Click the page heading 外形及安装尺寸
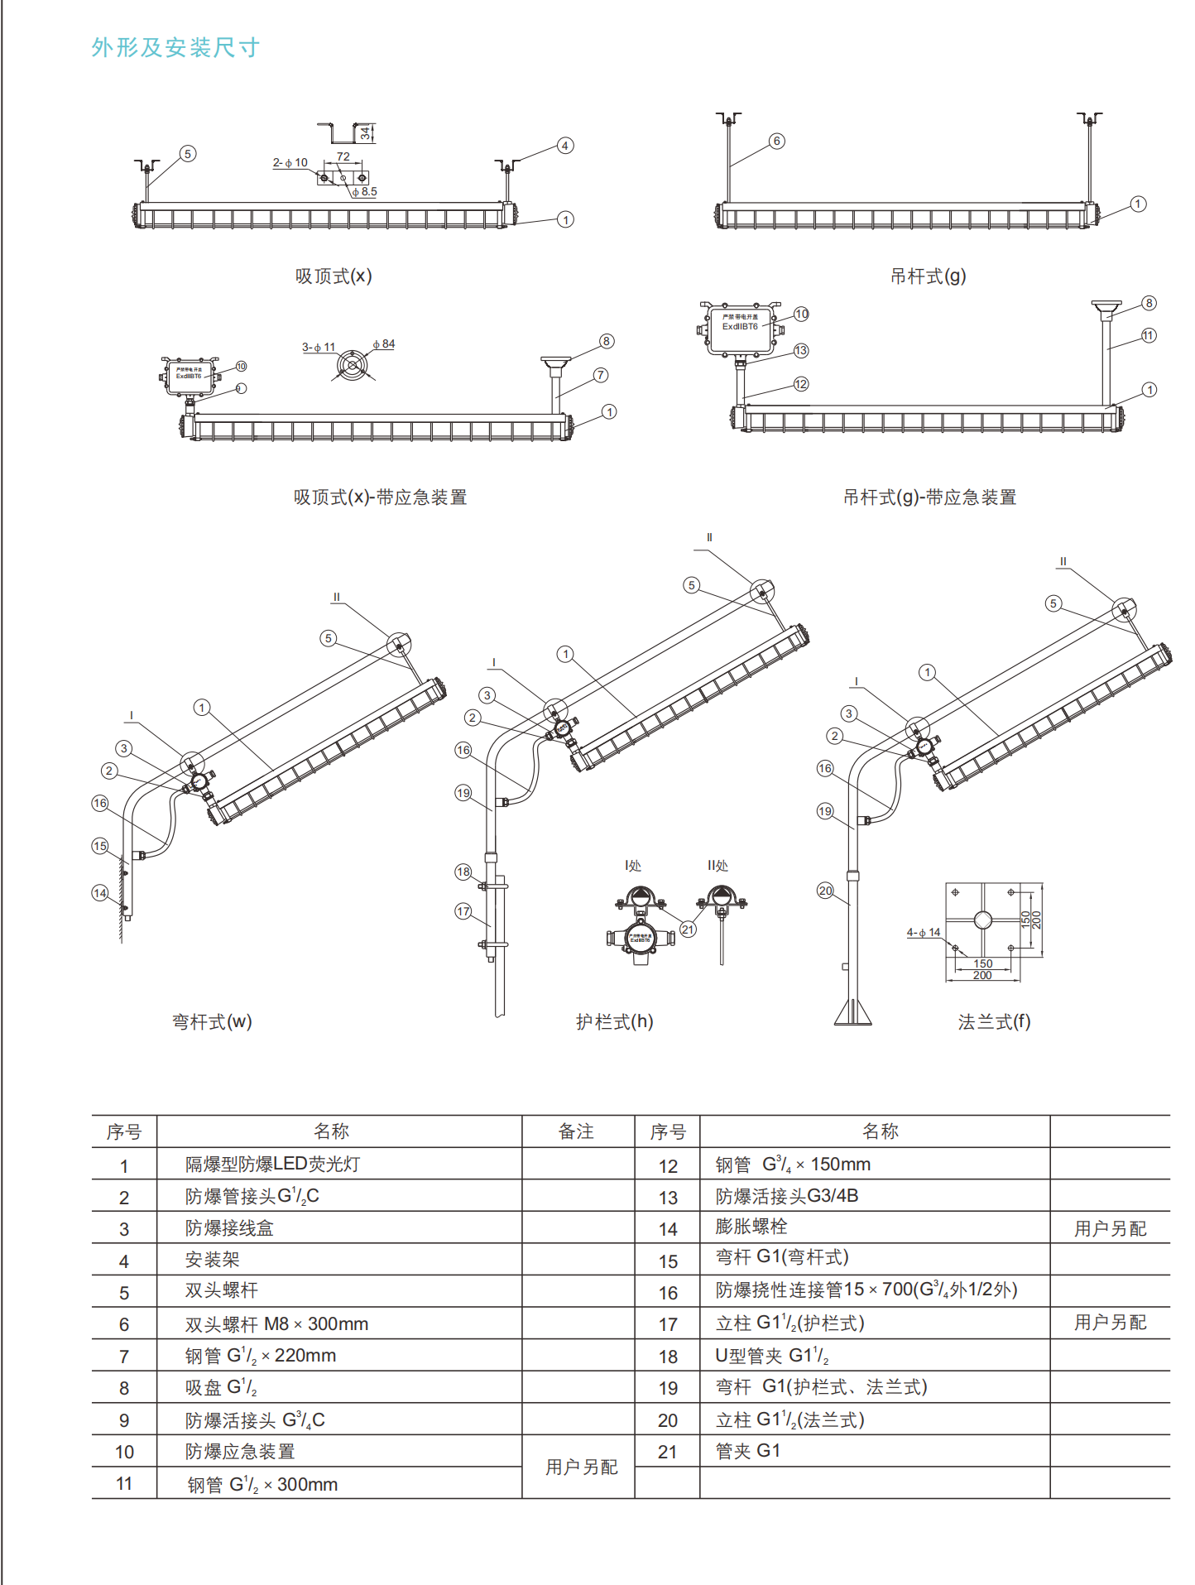175,48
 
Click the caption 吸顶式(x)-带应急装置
380,497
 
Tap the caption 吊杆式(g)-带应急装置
929,497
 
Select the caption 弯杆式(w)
212,1022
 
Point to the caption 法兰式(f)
994,1022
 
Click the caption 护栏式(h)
615,1022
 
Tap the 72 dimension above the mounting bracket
343,156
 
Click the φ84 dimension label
384,344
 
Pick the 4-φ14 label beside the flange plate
924,933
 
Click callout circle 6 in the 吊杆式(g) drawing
776,141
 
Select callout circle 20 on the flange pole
825,891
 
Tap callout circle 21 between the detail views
688,929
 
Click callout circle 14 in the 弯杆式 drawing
100,892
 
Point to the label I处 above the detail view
633,866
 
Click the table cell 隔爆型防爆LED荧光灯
272,1165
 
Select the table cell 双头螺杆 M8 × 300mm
276,1324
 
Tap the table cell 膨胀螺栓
751,1227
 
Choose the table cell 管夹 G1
748,1451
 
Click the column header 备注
576,1131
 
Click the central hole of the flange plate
982,920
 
